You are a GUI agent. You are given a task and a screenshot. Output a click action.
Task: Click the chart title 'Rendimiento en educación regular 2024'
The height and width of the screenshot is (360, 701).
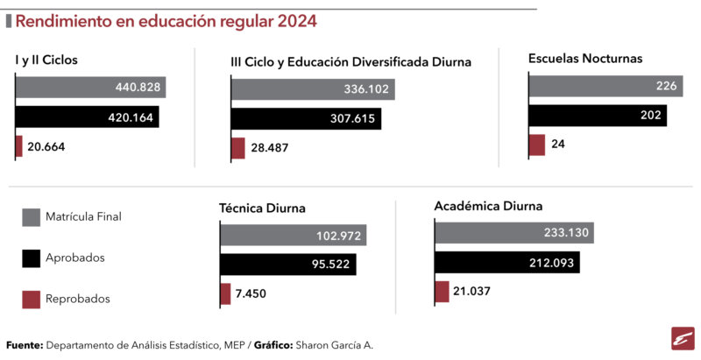[x=166, y=21]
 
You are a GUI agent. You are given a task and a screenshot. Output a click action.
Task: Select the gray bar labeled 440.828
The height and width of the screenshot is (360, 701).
[x=91, y=87]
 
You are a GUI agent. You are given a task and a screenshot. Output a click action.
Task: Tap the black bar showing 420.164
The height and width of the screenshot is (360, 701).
[x=87, y=117]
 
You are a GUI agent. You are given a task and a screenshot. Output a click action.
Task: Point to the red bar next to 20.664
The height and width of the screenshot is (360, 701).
[x=18, y=146]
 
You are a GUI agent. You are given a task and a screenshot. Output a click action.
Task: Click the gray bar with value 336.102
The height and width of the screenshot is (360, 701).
[x=313, y=88]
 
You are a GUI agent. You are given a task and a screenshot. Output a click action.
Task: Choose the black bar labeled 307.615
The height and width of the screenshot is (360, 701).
[x=306, y=119]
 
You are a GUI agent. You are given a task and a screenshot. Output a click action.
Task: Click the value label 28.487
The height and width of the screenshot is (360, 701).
[x=270, y=147]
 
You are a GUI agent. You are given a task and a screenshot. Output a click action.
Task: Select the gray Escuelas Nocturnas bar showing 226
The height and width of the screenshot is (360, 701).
[x=605, y=86]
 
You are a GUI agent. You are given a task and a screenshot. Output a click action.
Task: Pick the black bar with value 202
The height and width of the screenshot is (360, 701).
[x=598, y=116]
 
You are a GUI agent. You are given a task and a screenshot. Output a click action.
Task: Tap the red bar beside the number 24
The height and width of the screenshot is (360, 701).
[x=537, y=145]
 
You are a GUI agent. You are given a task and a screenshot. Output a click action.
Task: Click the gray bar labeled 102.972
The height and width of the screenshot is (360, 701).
[x=294, y=235]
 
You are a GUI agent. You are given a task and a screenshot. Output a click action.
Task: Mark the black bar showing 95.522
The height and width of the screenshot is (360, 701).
[x=288, y=265]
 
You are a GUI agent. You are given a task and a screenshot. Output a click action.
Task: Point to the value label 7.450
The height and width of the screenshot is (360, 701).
[x=251, y=293]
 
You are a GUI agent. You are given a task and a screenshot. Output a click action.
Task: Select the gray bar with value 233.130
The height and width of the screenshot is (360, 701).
[x=514, y=233]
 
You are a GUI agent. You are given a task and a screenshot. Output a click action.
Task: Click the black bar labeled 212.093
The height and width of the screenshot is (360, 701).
[x=507, y=262]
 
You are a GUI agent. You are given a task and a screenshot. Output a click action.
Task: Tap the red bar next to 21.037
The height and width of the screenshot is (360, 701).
[x=442, y=292]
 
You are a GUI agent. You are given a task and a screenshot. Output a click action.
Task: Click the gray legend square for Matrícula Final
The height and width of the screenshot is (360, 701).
[x=32, y=217]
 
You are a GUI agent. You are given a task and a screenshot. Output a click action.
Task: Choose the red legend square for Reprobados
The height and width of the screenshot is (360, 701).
[x=32, y=300]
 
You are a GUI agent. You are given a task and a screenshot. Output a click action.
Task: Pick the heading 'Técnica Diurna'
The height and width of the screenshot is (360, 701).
[x=262, y=208]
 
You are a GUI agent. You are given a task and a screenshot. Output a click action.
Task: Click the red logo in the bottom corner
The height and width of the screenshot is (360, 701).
[x=683, y=339]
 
